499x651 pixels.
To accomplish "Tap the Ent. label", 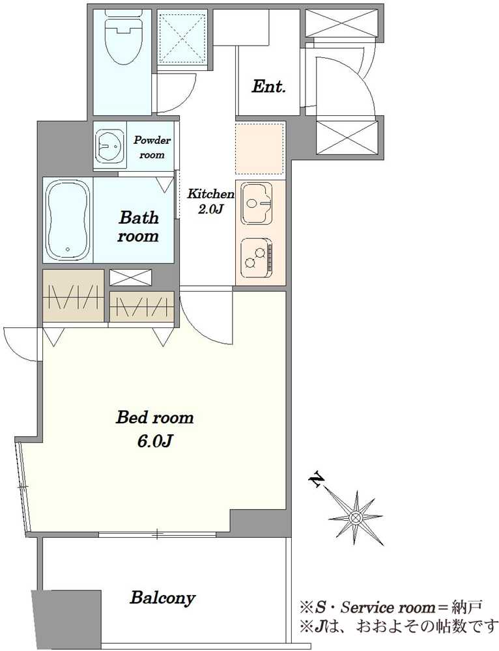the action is [x=269, y=87].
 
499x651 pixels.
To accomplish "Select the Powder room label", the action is [x=152, y=147].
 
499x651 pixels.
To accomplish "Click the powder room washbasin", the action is [x=109, y=146].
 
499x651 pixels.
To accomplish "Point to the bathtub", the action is [x=68, y=220].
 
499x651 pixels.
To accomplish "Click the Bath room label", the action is [x=138, y=227].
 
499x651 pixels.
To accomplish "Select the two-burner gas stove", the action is [x=257, y=258].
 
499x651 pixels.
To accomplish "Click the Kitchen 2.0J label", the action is [x=210, y=201].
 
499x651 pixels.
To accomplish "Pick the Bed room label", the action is [x=154, y=417].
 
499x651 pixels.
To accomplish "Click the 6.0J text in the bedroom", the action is [x=154, y=442].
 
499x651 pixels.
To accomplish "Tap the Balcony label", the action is [x=162, y=598].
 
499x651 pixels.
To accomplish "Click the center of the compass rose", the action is [x=355, y=518].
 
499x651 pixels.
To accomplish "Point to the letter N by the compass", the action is [x=318, y=480].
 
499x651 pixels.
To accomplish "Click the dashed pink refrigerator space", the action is [x=260, y=148].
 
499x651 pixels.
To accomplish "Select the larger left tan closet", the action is [x=73, y=295].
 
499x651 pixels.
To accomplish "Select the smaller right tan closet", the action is [x=141, y=307].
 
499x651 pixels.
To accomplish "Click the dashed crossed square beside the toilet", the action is [x=182, y=38].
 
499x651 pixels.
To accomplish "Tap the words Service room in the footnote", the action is [x=386, y=607].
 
